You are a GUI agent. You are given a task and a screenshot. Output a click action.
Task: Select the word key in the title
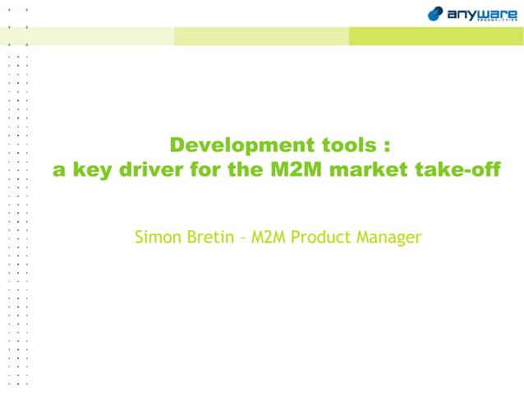(x=94, y=171)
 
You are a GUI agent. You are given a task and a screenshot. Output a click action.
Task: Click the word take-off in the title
(x=459, y=170)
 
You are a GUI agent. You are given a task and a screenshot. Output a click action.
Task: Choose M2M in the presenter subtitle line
(x=269, y=238)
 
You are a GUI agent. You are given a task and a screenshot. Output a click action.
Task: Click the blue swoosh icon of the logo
(x=436, y=14)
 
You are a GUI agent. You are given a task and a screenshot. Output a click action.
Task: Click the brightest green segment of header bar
(x=435, y=36)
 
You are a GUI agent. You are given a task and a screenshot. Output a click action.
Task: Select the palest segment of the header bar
(x=90, y=36)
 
